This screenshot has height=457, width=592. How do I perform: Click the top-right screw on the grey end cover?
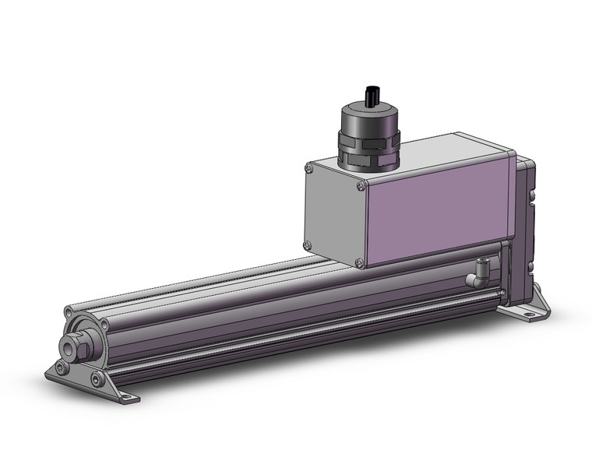361,185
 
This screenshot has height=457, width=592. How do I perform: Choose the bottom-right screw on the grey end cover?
360,263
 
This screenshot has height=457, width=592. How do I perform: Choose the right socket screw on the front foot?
97,379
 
